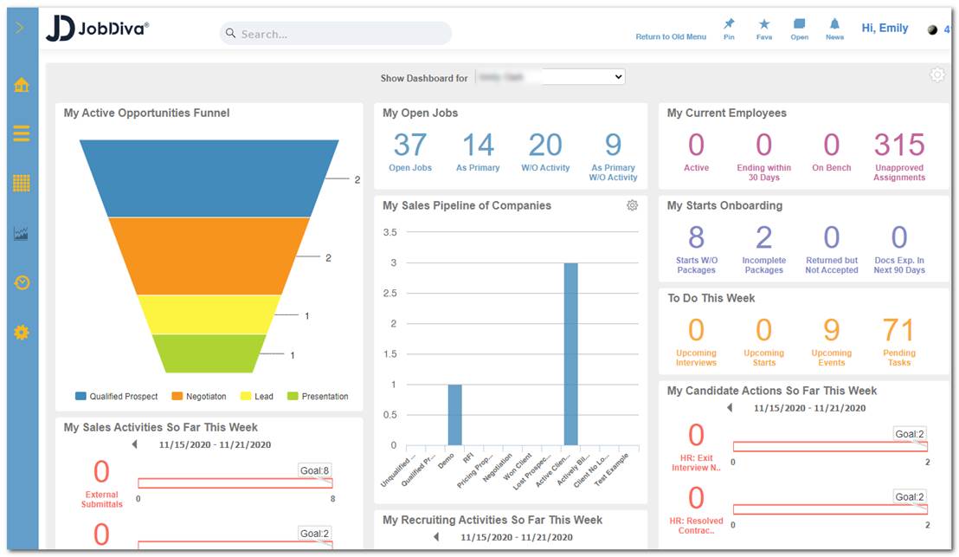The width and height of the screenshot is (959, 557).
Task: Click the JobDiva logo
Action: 98,29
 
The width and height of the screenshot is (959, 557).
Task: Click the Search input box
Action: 336,34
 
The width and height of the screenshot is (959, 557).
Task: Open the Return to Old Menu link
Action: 671,37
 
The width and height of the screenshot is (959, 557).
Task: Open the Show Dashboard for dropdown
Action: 550,77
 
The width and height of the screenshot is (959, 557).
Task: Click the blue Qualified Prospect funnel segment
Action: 209,178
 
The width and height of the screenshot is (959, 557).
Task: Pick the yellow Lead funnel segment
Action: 209,314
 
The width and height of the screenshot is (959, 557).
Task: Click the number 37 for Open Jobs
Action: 410,145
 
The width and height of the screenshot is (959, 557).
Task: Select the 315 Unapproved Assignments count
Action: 899,145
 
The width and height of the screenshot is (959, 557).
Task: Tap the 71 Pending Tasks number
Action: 898,330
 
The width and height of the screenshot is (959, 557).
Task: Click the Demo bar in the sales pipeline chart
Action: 454,415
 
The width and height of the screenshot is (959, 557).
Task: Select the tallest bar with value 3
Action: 570,353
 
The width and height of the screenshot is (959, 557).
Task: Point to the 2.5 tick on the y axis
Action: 389,294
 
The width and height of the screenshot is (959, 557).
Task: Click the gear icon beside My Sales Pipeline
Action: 632,205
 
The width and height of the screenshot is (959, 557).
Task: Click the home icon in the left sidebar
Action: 22,85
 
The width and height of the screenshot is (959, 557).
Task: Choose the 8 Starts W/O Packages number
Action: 696,237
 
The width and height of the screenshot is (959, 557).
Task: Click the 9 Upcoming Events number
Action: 831,330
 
